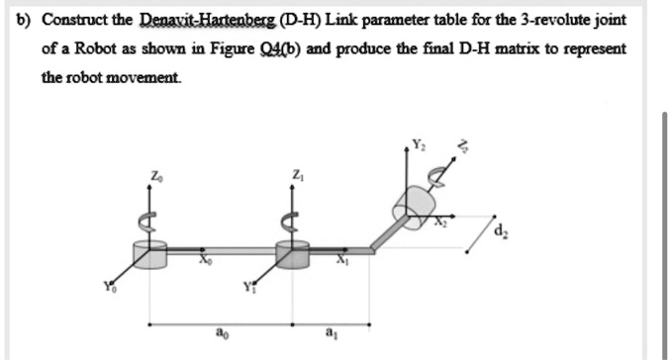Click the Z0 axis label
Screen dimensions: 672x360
tap(153, 175)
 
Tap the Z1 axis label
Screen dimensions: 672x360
tap(296, 175)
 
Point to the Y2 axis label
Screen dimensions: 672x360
tap(419, 141)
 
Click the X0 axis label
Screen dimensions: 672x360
tap(204, 262)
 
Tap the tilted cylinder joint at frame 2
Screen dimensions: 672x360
tap(416, 208)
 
